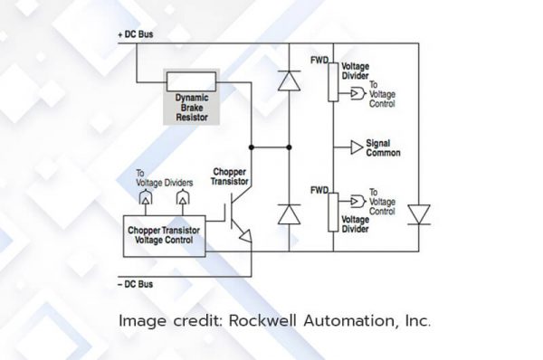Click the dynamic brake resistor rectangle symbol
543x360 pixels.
(x=193, y=80)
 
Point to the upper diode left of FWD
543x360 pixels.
(x=290, y=81)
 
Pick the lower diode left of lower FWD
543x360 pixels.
(x=290, y=213)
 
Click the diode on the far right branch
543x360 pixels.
(x=419, y=213)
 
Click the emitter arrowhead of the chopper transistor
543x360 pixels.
(x=244, y=238)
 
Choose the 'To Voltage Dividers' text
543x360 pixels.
(x=162, y=178)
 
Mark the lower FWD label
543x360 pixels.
(x=318, y=190)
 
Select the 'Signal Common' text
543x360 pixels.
(x=384, y=147)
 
